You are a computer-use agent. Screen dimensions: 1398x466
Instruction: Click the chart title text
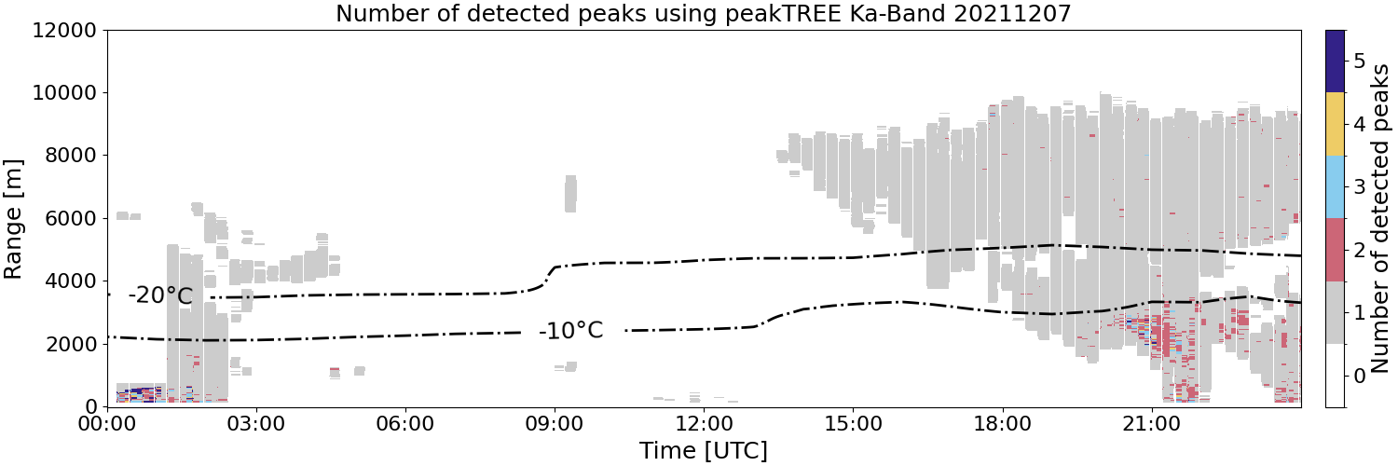704,13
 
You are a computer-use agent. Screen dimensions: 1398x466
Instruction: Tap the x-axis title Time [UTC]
704,450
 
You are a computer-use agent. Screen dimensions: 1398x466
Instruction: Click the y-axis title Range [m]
12,219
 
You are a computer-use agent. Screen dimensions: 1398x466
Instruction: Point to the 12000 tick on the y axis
64,30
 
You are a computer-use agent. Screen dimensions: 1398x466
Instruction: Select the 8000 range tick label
71,156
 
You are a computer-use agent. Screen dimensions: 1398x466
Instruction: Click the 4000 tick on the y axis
71,281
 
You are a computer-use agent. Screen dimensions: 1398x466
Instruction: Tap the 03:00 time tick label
256,424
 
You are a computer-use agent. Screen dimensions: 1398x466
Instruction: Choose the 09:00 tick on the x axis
555,424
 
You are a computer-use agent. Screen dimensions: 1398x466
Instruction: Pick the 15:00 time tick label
853,424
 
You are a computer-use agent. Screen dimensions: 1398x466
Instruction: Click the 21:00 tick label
1151,424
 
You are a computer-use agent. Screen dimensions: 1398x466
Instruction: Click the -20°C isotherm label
160,295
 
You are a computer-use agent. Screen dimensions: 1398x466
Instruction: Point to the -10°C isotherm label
571,330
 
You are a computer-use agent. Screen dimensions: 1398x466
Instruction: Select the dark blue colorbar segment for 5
1335,62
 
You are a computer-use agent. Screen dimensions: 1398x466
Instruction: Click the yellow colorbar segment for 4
1335,124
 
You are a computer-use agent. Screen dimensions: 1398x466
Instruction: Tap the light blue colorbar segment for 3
1335,187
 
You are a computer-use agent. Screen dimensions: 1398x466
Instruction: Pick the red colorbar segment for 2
1335,250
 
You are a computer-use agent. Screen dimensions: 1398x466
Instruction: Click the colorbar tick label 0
1359,376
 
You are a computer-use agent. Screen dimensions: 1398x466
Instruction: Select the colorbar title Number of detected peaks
1380,218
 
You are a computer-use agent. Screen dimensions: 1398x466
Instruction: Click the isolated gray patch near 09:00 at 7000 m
570,194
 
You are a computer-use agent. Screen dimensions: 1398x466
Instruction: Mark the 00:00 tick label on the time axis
107,424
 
